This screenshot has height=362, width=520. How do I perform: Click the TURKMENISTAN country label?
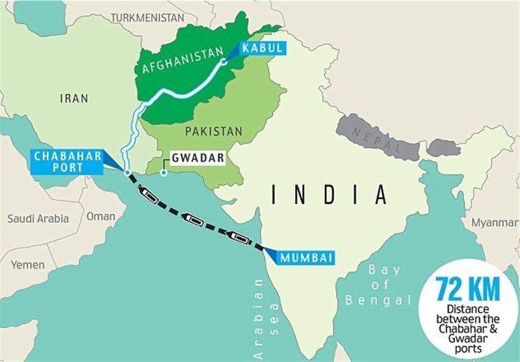[147, 18]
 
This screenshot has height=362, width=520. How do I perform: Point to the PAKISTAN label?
[213, 131]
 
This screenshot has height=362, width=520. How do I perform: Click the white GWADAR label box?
[196, 158]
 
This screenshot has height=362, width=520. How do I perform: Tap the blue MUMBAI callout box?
[307, 258]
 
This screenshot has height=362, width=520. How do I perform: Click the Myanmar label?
[495, 222]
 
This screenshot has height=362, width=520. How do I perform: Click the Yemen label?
[27, 265]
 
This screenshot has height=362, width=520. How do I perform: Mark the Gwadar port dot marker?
[164, 172]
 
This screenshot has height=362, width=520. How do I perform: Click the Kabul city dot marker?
[223, 62]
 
